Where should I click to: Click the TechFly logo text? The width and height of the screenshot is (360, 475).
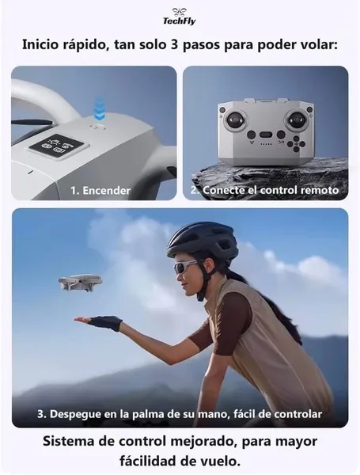[180, 21]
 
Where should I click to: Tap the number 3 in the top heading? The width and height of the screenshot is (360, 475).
[173, 45]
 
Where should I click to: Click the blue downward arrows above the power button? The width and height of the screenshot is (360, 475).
[100, 108]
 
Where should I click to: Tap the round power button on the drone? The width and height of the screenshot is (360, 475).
[98, 126]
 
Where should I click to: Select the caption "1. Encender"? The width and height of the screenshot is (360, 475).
[100, 191]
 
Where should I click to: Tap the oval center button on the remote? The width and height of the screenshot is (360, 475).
[267, 135]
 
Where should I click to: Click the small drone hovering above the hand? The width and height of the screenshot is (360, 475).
[80, 283]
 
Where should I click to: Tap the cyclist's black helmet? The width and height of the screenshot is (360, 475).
[203, 241]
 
